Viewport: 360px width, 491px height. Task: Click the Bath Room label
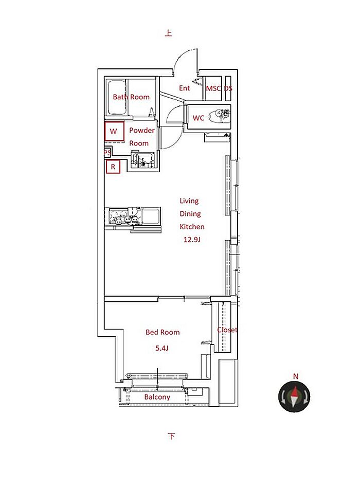click(131, 97)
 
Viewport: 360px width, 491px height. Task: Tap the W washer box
click(114, 132)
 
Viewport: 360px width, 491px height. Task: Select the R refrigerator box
click(113, 167)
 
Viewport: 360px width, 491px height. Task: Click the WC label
click(198, 118)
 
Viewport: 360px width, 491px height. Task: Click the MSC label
click(213, 88)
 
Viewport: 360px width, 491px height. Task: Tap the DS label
click(228, 88)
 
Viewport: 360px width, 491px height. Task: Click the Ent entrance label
click(184, 88)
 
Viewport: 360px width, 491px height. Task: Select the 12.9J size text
click(192, 240)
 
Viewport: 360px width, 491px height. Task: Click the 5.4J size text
click(162, 348)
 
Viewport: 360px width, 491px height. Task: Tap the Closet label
click(227, 330)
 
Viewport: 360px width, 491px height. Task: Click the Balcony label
click(157, 397)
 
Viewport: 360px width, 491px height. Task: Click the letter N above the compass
click(295, 376)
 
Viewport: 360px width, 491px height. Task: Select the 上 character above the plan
click(169, 33)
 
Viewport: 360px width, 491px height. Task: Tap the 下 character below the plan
click(171, 436)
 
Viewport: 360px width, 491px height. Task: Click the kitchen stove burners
click(127, 219)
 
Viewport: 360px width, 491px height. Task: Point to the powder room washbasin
click(143, 160)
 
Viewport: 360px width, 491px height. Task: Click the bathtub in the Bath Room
click(116, 97)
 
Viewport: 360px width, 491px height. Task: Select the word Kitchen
click(192, 226)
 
